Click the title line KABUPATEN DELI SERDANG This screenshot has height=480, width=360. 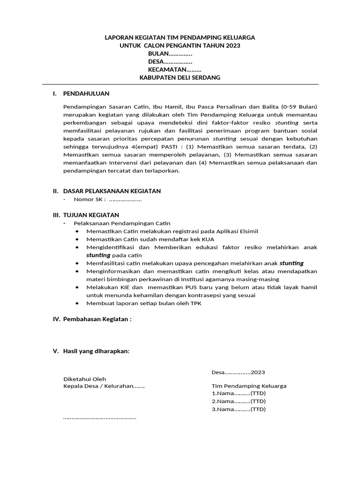(x=180, y=77)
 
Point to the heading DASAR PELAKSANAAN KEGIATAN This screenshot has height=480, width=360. (x=112, y=191)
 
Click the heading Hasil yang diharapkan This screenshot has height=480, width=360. (x=96, y=352)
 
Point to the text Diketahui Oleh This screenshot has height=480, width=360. (x=84, y=379)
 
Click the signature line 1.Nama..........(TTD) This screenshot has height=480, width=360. (x=238, y=394)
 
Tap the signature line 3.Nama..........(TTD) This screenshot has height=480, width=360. (x=238, y=409)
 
